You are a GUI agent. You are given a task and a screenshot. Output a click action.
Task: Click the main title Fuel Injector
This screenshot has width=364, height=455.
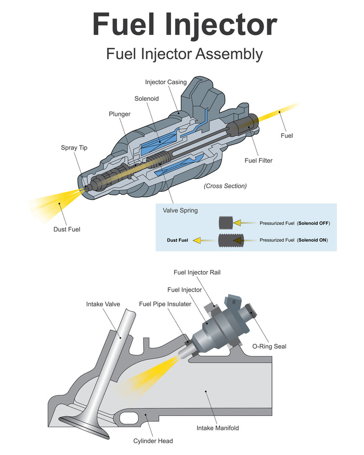pyautogui.click(x=185, y=24)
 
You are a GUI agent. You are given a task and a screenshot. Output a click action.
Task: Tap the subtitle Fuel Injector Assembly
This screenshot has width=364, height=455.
pyautogui.click(x=184, y=54)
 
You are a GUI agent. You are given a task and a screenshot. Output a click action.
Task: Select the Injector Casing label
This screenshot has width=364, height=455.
pyautogui.click(x=165, y=82)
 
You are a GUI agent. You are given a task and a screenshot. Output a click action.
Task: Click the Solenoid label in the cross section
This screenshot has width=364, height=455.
pyautogui.click(x=146, y=98)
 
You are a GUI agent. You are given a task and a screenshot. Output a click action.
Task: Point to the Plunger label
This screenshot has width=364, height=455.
pyautogui.click(x=120, y=114)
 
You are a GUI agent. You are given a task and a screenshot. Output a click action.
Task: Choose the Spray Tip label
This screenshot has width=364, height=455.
pyautogui.click(x=74, y=148)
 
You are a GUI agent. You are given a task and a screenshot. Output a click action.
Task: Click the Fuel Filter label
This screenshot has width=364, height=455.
pyautogui.click(x=258, y=160)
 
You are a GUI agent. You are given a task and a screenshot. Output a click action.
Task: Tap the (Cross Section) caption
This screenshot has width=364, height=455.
pyautogui.click(x=225, y=186)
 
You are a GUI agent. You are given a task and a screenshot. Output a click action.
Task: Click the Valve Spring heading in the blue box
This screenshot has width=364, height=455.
pyautogui.click(x=180, y=211)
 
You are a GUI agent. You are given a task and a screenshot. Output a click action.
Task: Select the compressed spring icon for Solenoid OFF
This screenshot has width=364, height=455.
pyautogui.click(x=225, y=223)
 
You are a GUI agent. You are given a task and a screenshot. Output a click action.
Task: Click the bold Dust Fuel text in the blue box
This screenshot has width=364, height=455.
pyautogui.click(x=177, y=240)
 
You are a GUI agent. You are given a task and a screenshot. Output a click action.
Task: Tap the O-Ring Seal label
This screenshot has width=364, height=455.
pyautogui.click(x=269, y=346)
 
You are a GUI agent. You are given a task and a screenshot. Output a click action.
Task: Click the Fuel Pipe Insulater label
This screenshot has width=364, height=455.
pyautogui.click(x=165, y=304)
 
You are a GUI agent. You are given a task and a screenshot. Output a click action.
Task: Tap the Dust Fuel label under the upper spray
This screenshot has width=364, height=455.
pyautogui.click(x=67, y=229)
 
